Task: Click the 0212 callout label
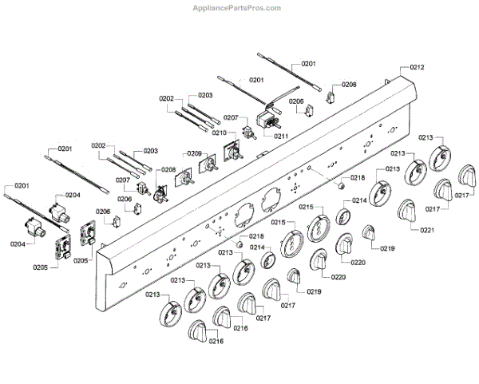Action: point(417,67)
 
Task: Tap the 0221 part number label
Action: point(427,230)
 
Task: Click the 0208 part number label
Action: point(168,169)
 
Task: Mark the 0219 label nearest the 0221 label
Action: point(387,249)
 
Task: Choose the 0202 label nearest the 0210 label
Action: point(166,98)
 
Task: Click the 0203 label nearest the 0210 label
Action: point(205,95)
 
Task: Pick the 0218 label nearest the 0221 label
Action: point(357,177)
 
